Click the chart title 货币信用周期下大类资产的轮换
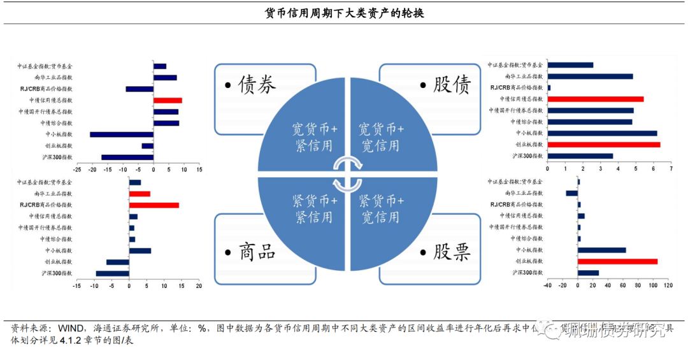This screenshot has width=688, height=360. pyautogui.click(x=344, y=13)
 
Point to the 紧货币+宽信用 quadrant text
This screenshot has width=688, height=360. pyautogui.click(x=381, y=209)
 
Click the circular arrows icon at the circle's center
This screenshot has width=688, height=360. pyautogui.click(x=348, y=173)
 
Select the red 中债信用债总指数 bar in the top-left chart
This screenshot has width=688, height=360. pyautogui.click(x=168, y=100)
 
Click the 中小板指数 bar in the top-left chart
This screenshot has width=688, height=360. pyautogui.click(x=122, y=134)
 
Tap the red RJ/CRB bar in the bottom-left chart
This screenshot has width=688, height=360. pyautogui.click(x=154, y=205)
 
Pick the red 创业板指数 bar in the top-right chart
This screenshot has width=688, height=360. pyautogui.click(x=604, y=145)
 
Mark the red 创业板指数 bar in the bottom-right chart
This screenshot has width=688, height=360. pyautogui.click(x=617, y=261)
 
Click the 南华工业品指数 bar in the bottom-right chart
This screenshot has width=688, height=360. pyautogui.click(x=571, y=193)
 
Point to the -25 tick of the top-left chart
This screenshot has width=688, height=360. pyautogui.click(x=77, y=170)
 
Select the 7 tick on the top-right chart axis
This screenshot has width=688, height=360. pyautogui.click(x=671, y=170)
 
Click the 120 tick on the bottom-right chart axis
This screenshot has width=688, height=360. pyautogui.click(x=668, y=285)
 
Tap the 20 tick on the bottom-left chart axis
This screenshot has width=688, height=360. pyautogui.click(x=199, y=286)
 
